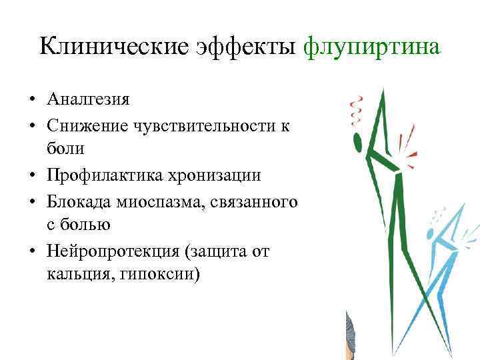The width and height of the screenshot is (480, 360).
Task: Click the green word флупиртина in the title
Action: [x=371, y=47]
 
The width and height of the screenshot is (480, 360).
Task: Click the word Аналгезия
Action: [x=89, y=100]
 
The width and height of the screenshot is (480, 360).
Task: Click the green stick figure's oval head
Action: [x=357, y=141]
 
